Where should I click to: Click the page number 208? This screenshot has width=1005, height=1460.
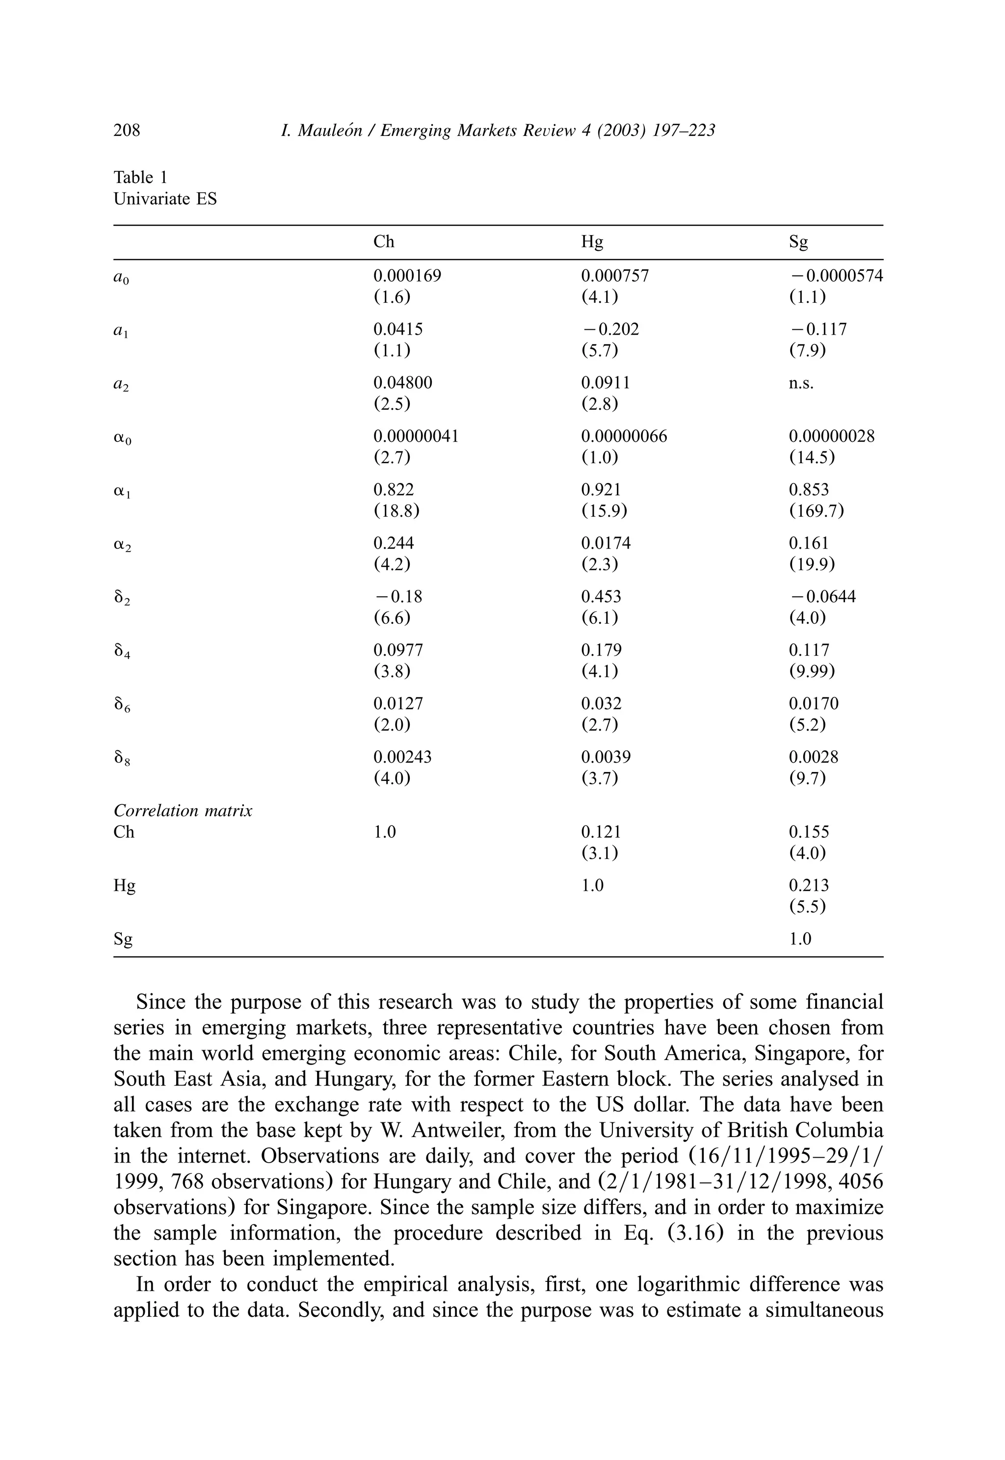click(127, 131)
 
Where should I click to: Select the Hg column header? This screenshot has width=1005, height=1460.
click(592, 242)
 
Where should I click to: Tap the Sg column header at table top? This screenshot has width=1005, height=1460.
click(798, 242)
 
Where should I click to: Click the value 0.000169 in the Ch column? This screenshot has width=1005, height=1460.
click(407, 276)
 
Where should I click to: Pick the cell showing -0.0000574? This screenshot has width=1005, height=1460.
click(836, 276)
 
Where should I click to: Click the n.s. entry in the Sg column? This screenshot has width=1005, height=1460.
click(801, 383)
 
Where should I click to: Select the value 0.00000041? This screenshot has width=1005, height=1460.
click(416, 436)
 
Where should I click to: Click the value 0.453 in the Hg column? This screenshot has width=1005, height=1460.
click(601, 596)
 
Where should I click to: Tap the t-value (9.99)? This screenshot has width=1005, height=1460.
click(812, 671)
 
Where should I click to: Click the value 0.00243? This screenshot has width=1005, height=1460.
click(402, 757)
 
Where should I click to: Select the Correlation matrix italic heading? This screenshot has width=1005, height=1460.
click(183, 811)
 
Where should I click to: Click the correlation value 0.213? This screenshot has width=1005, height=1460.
click(809, 885)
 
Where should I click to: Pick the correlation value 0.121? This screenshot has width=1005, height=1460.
click(601, 832)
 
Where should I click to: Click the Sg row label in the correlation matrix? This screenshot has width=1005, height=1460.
click(124, 939)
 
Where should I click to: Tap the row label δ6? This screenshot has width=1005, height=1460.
click(122, 706)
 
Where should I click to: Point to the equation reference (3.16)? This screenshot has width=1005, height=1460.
click(688, 1233)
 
